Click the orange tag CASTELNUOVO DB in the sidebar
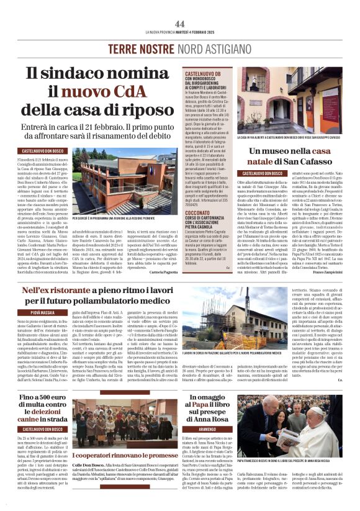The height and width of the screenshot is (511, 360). (202, 74)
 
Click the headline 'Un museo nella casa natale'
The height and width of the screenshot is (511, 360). (297, 156)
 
